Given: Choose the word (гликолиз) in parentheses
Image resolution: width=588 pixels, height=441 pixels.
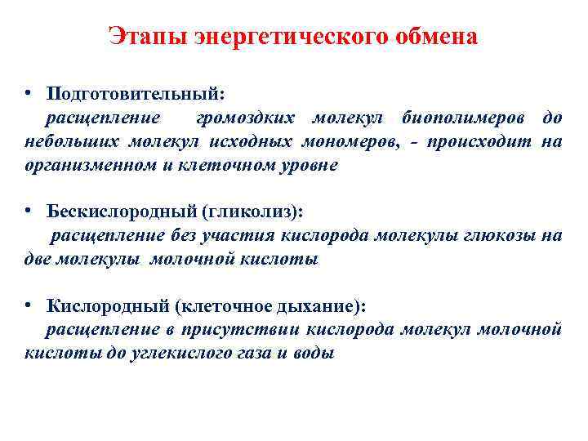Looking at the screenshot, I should click(248, 212).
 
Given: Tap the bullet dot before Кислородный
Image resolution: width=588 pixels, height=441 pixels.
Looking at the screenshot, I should click(28, 304).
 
